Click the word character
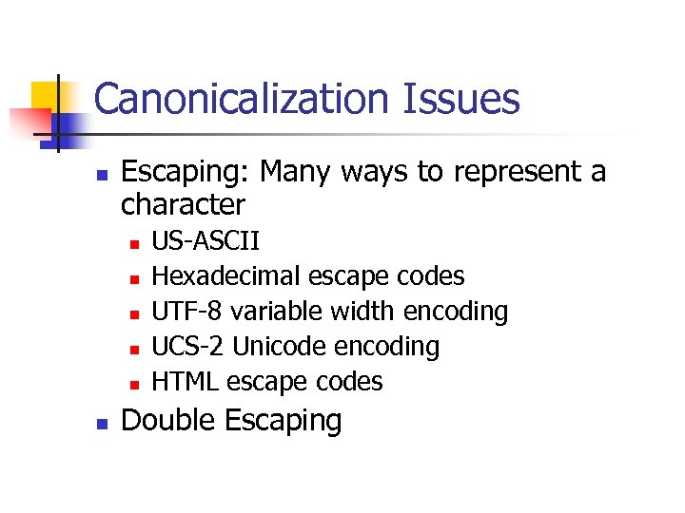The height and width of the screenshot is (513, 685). (x=183, y=204)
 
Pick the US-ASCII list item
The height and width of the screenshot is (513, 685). (x=206, y=241)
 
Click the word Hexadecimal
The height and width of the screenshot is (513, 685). (x=225, y=276)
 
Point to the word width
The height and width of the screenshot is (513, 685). (x=362, y=312)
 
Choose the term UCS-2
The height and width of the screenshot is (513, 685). (x=188, y=347)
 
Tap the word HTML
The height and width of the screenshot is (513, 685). (x=185, y=382)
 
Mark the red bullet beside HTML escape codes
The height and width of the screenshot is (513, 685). (x=134, y=386)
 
